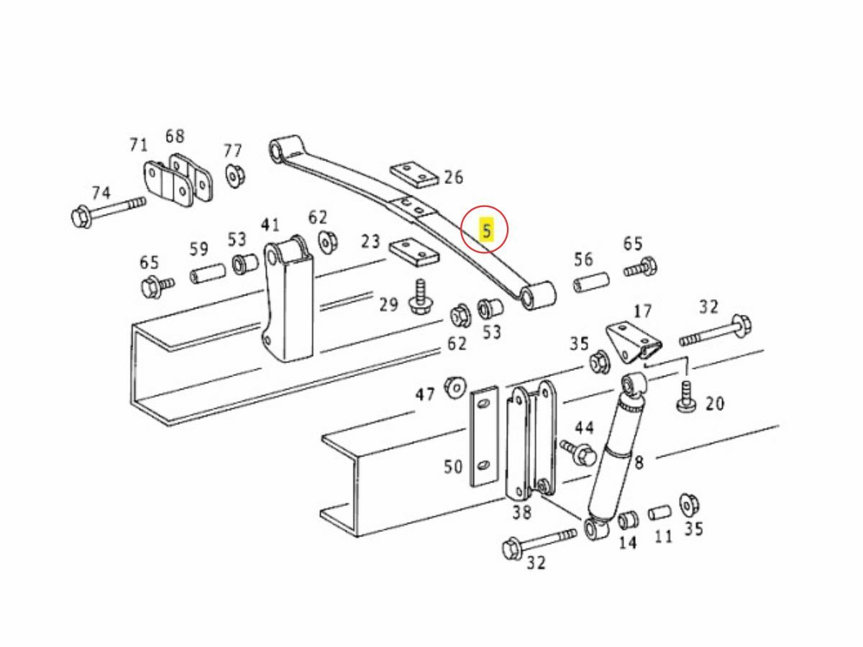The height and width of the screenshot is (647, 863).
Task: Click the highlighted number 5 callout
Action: pos(487,231)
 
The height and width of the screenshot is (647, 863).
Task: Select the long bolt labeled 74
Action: pos(109,211)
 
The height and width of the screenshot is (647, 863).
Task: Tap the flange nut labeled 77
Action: pos(235,175)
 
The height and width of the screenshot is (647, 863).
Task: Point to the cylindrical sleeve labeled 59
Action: pos(208,273)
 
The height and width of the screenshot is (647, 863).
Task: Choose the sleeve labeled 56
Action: pos(592,282)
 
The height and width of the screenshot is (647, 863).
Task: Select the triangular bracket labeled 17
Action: pos(633,343)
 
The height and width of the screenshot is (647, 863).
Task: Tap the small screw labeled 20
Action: pos(687,397)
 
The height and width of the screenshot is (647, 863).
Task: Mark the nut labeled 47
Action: pos(455,387)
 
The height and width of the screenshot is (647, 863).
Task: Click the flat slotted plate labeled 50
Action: pos(485,436)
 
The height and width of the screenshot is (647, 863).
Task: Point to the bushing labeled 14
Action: pos(628,520)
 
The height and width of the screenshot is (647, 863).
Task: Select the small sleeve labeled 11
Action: pos(659,513)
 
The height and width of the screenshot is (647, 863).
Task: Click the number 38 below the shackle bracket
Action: pos(521,513)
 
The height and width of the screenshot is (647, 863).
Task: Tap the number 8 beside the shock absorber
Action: pos(639,462)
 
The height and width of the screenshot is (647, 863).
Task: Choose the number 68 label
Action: pos(175,136)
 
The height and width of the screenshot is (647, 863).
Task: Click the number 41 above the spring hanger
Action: pos(270,225)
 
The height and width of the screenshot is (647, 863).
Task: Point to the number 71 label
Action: pos(138,145)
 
